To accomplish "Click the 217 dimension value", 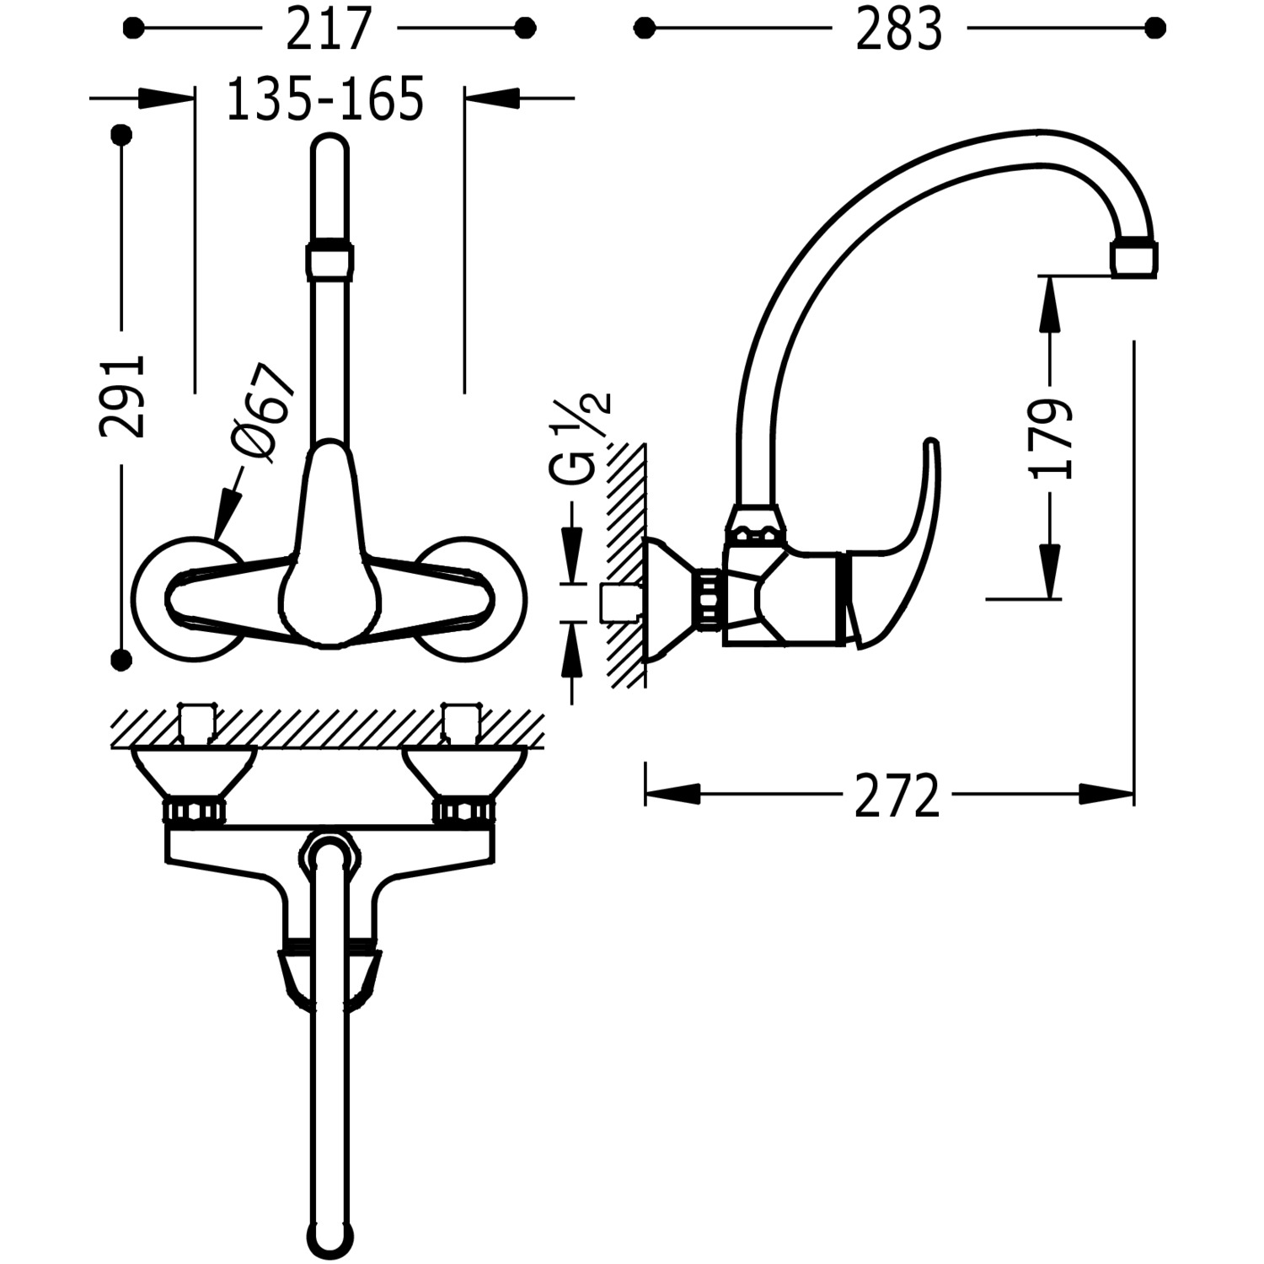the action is (329, 30).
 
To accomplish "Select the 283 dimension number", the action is (899, 30).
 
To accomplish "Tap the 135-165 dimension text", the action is (325, 99).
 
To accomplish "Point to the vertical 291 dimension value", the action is (123, 395).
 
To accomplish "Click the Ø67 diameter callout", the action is (263, 412).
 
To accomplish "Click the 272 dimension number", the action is (897, 795).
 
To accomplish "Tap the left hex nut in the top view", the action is (195, 811).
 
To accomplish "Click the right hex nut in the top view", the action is (463, 811).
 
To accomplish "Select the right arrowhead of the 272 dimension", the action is (1106, 794).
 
